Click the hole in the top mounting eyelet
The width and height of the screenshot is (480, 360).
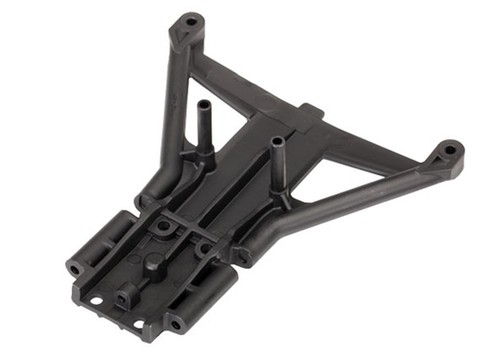click(191, 18)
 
